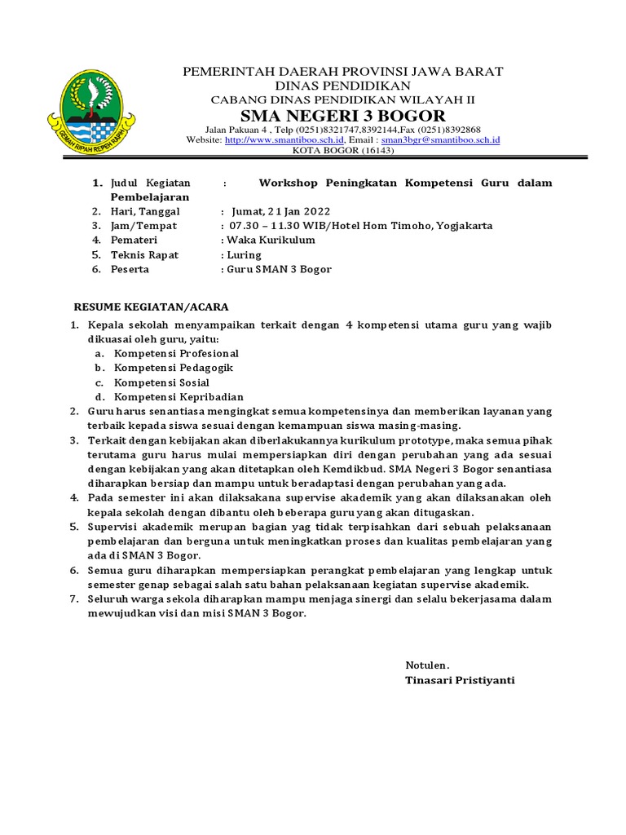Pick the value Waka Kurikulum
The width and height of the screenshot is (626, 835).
click(x=271, y=241)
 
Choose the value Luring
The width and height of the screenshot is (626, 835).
click(x=244, y=255)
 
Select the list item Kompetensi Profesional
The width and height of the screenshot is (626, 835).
click(x=176, y=354)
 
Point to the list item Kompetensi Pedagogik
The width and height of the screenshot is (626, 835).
click(x=174, y=368)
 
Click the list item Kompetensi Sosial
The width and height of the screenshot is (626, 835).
click(x=161, y=382)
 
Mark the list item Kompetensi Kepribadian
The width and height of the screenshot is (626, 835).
click(x=179, y=397)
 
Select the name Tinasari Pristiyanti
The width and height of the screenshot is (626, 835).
click(x=460, y=680)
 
